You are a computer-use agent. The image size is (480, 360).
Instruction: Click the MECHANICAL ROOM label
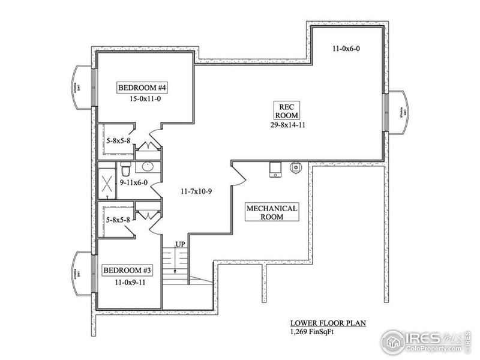[x=272, y=212]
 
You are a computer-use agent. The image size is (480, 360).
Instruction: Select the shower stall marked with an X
[x=108, y=182]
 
